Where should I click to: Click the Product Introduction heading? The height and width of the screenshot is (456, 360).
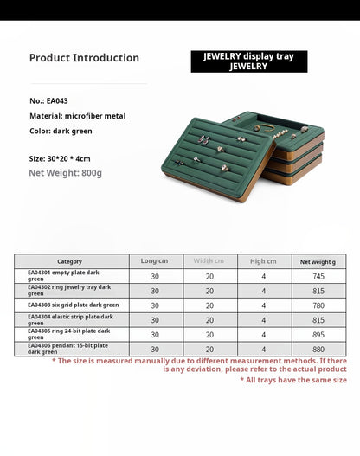click(84, 58)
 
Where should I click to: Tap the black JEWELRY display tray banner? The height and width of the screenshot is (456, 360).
click(248, 61)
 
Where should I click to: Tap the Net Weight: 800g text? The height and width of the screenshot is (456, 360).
click(65, 173)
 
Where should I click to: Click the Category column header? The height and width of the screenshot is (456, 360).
click(70, 261)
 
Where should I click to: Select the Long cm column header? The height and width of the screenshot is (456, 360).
click(155, 260)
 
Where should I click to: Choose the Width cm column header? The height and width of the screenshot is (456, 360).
click(209, 260)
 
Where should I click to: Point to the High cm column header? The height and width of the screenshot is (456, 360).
click(264, 260)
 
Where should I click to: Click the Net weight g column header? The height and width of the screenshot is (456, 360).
click(318, 261)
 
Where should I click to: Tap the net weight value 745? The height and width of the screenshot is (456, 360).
click(318, 276)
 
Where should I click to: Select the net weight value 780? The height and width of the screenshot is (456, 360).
click(318, 305)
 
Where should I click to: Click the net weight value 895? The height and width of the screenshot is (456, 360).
click(318, 335)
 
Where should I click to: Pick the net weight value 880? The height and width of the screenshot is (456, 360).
click(318, 350)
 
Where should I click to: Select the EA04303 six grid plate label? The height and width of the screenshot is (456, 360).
click(73, 305)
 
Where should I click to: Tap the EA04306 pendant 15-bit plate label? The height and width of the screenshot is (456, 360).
click(67, 350)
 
